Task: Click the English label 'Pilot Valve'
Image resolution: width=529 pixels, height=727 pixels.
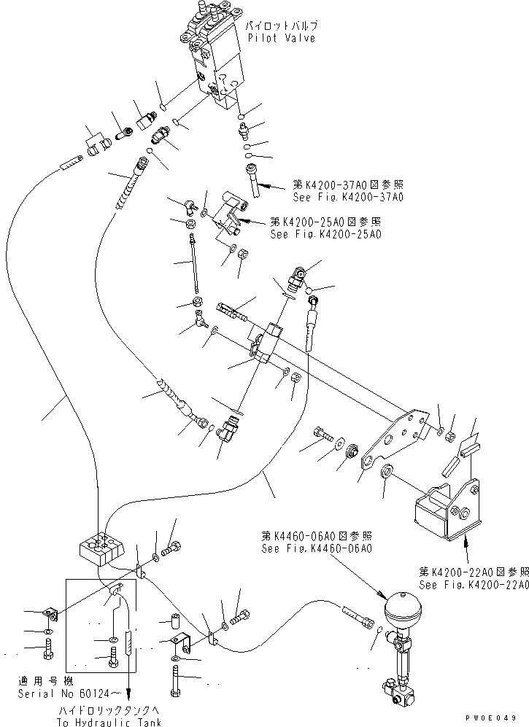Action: [281, 38]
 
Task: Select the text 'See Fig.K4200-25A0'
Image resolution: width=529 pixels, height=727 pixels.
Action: [325, 234]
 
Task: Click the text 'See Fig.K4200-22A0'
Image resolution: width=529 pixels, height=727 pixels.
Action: [473, 585]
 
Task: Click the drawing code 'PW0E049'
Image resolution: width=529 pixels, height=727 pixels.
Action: [501, 719]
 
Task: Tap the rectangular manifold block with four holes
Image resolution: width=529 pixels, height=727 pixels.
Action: [104, 551]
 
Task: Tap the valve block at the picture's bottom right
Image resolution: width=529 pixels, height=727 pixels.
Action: [395, 692]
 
